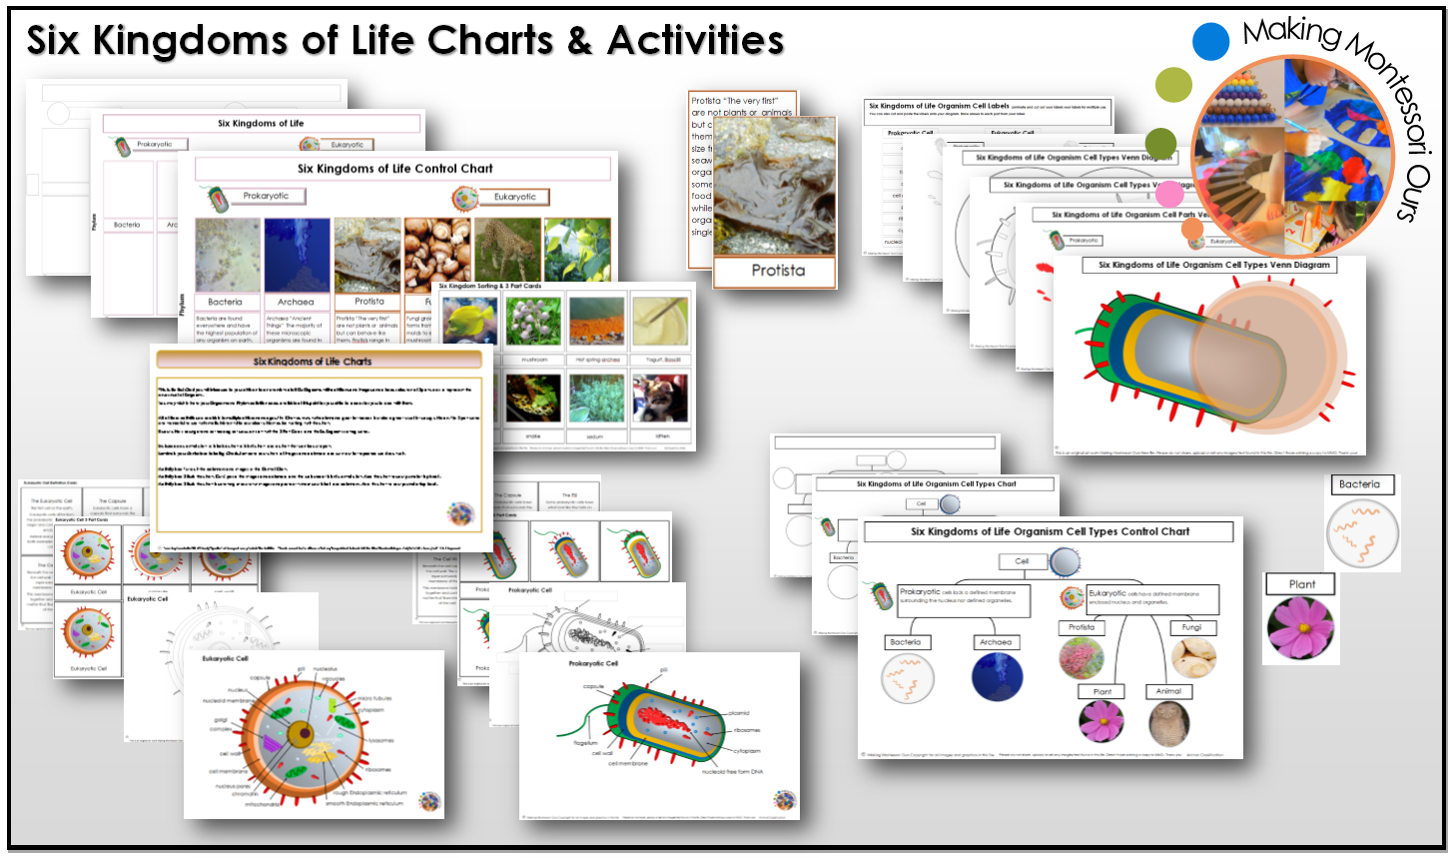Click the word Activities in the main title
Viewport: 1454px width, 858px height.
(x=695, y=40)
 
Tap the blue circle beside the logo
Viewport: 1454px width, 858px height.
(x=1210, y=41)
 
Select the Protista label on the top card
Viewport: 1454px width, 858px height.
(x=777, y=271)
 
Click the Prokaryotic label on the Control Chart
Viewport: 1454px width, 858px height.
(x=266, y=196)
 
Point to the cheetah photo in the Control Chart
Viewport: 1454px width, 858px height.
(x=506, y=250)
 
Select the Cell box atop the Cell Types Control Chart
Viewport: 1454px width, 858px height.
(x=1022, y=561)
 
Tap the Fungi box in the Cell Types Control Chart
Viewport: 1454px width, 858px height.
(x=1191, y=627)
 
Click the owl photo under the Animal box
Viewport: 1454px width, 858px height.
(x=1168, y=722)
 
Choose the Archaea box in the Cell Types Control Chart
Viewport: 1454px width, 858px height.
(x=995, y=642)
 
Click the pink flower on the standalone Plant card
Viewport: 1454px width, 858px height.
(x=1300, y=626)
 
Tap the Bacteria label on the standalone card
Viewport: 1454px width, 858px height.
(x=1359, y=484)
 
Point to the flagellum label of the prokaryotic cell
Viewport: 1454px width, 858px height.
(x=586, y=743)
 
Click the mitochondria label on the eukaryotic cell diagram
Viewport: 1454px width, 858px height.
(x=262, y=804)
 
